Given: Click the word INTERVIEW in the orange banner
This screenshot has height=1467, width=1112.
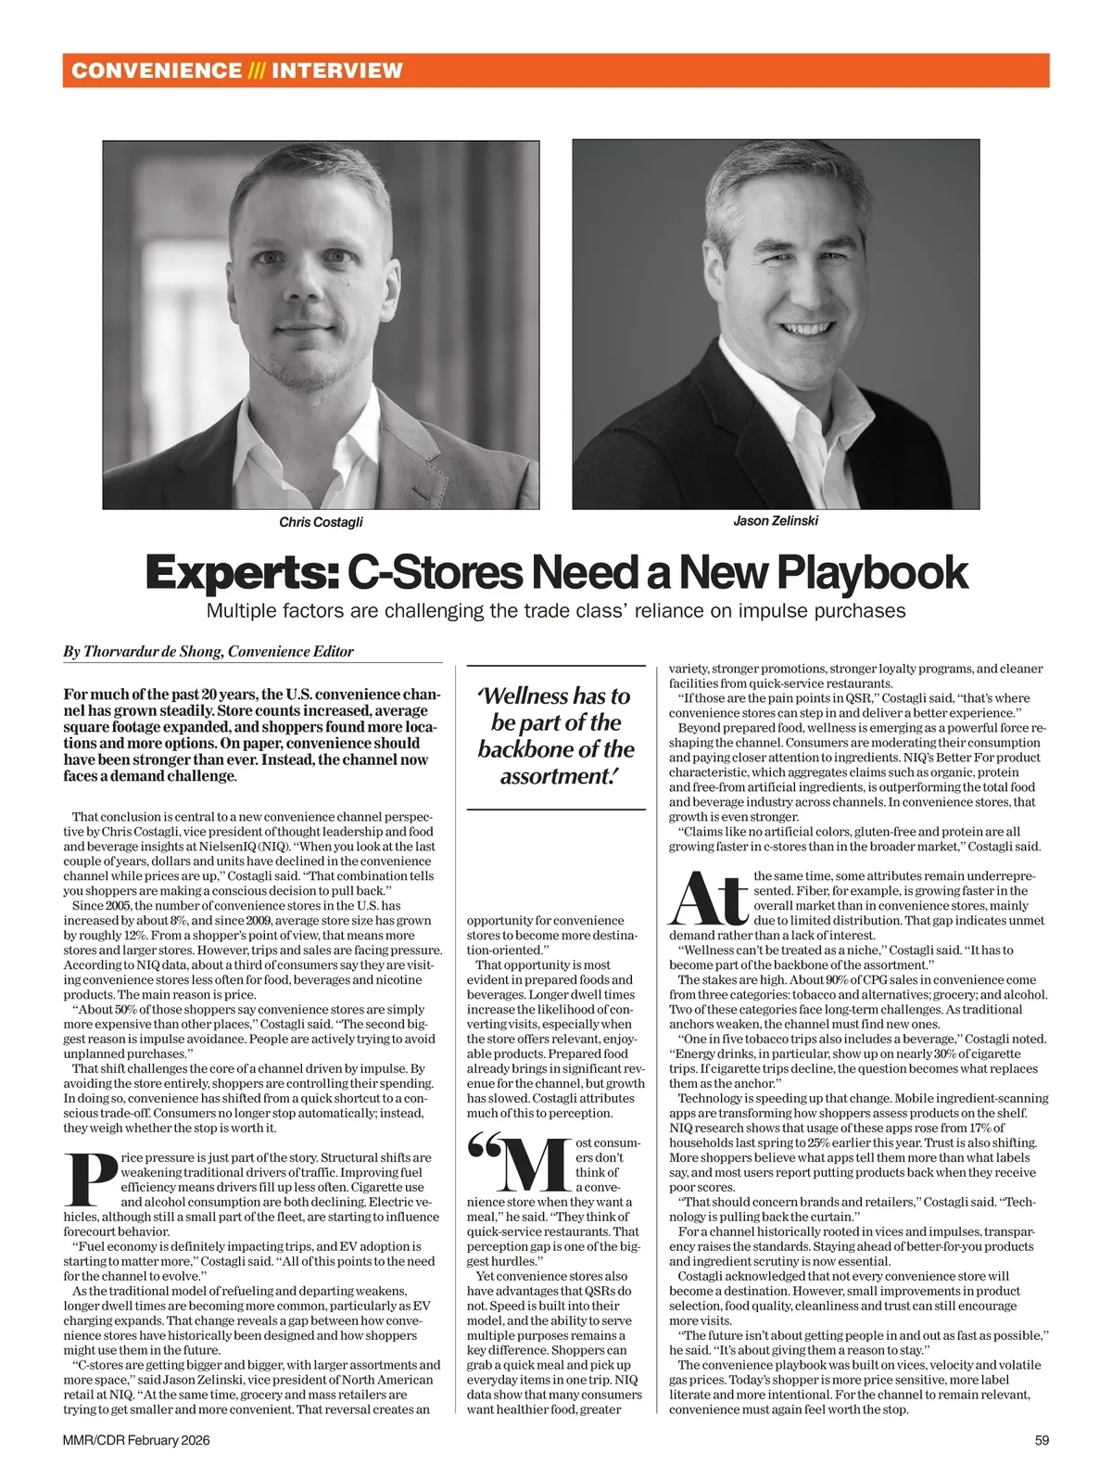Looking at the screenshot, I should pyautogui.click(x=337, y=70).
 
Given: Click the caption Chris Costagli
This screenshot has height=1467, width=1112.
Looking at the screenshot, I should pyautogui.click(x=321, y=522).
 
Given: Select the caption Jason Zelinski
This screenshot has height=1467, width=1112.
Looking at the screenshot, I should pyautogui.click(x=776, y=520).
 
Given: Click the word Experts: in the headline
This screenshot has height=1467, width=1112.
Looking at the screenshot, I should pyautogui.click(x=242, y=573).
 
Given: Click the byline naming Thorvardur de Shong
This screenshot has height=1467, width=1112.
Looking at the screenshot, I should pyautogui.click(x=208, y=652).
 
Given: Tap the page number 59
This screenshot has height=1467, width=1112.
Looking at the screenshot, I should pyautogui.click(x=1042, y=1440).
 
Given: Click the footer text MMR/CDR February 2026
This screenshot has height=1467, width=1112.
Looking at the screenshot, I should pyautogui.click(x=136, y=1440).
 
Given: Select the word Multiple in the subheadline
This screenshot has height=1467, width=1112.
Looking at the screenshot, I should pyautogui.click(x=243, y=611).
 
